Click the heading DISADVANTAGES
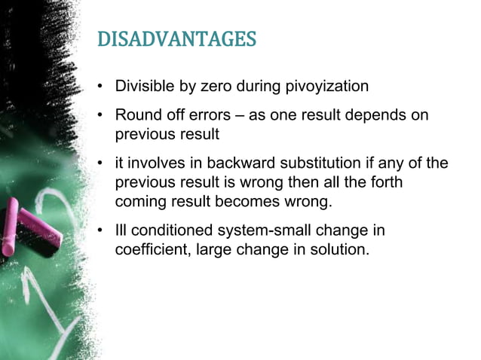[177, 39]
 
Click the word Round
[136, 117]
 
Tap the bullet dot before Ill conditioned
[100, 231]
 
